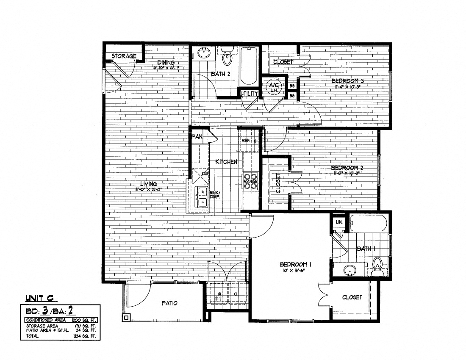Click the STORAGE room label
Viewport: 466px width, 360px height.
point(124,56)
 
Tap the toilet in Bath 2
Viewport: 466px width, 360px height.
point(228,58)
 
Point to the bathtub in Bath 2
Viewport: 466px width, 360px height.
point(248,66)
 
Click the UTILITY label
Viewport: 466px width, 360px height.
point(249,93)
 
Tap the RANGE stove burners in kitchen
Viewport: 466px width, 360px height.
point(250,180)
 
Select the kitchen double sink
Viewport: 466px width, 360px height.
point(202,197)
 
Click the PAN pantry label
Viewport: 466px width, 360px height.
point(197,137)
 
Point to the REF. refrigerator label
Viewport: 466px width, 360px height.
point(247,141)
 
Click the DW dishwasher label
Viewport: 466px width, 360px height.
point(204,174)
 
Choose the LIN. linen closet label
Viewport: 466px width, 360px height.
point(339,222)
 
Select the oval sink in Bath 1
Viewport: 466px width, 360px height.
point(349,269)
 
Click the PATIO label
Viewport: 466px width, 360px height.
point(169,303)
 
